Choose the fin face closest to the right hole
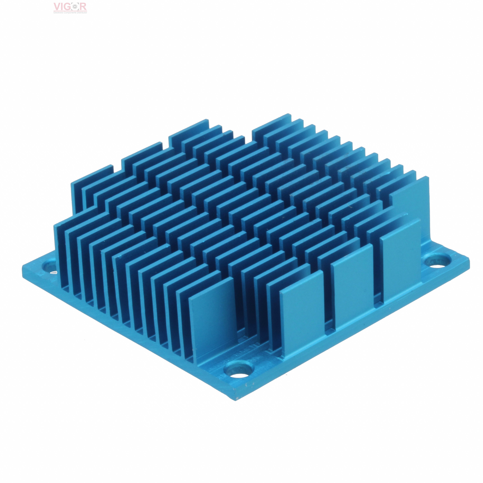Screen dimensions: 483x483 [400, 260]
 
